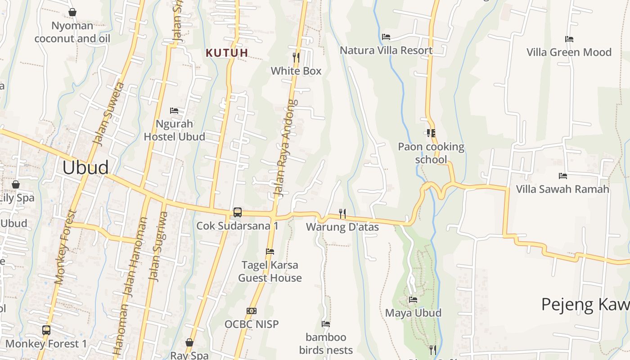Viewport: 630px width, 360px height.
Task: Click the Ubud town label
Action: click(85, 167)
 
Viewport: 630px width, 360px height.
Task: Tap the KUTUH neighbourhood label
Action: click(227, 53)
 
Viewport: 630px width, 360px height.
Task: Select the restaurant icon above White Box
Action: click(296, 57)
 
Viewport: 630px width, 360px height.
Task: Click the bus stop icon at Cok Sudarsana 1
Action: click(237, 212)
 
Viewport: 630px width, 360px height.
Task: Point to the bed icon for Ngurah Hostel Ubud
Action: click(174, 110)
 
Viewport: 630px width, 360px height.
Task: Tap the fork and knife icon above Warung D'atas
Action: click(342, 213)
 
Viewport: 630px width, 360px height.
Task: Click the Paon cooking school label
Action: click(431, 153)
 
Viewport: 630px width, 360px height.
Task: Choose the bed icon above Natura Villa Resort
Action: click(386, 36)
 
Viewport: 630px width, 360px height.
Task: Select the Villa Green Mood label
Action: click(569, 52)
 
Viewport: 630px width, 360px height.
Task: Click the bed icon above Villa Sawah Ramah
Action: click(562, 175)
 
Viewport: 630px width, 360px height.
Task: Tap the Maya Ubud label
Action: click(413, 313)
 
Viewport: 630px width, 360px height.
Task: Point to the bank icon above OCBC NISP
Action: click(252, 311)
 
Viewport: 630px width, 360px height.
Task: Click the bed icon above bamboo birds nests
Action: click(326, 324)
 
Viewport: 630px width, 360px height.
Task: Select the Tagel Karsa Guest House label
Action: click(270, 271)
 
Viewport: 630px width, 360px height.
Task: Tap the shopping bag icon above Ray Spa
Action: click(189, 342)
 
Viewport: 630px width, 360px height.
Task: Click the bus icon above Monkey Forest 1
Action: click(46, 330)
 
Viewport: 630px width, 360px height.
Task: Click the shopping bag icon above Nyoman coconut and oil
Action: click(72, 12)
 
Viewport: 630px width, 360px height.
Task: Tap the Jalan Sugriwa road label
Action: click(157, 247)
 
